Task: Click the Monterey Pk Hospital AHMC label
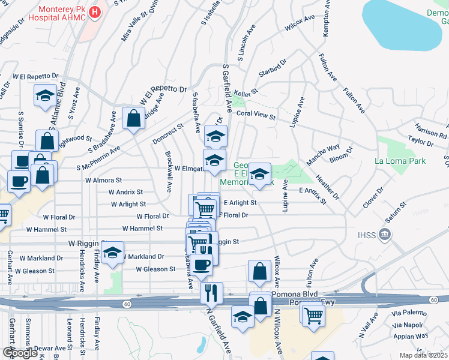click(61, 13)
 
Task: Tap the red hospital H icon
click(95, 12)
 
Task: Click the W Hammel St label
click(143, 229)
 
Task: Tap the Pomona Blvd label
click(293, 295)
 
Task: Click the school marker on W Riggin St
click(112, 253)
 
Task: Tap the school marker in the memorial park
click(259, 175)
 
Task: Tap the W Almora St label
click(103, 179)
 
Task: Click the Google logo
click(20, 353)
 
